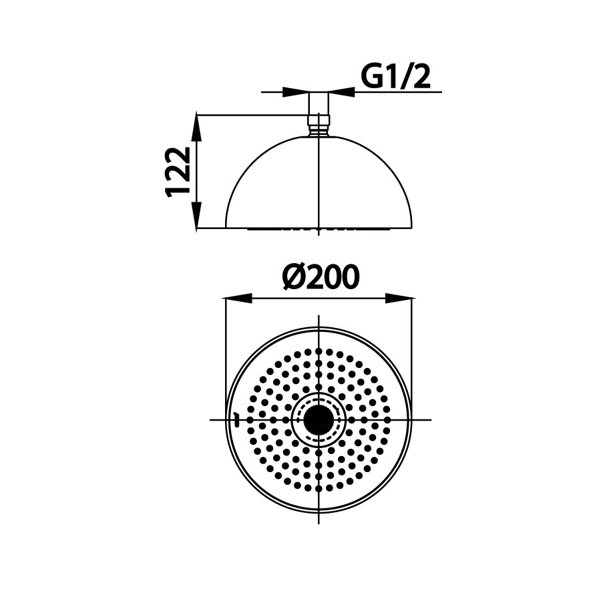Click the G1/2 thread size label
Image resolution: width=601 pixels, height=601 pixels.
395,76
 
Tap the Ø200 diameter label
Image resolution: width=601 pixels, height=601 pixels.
321,277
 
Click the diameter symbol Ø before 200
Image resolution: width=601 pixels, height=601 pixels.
292,277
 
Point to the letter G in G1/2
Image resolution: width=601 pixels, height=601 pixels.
373,76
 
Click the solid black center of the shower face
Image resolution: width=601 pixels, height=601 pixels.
319,419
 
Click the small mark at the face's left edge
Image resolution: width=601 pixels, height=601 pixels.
235,419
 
